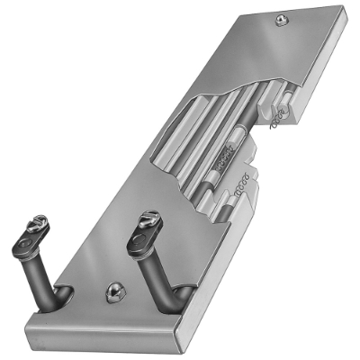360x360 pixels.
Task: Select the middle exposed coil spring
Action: pos(230,162)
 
